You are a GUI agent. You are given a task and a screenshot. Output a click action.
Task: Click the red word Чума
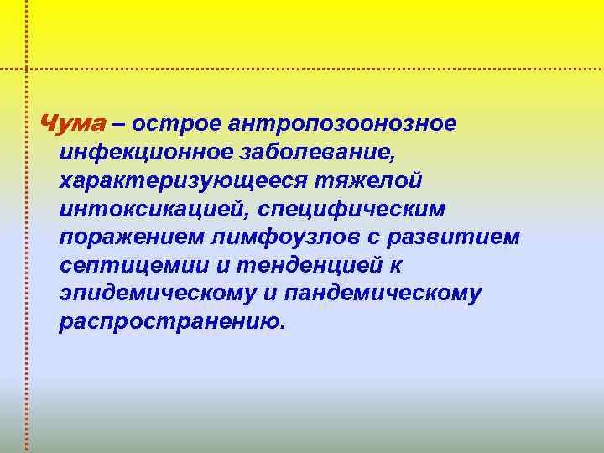[73, 124]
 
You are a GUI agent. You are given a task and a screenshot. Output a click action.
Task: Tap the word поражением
[129, 238]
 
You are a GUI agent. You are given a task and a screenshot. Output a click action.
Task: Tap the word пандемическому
[383, 295]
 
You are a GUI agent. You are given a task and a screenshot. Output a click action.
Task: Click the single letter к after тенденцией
[393, 267]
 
